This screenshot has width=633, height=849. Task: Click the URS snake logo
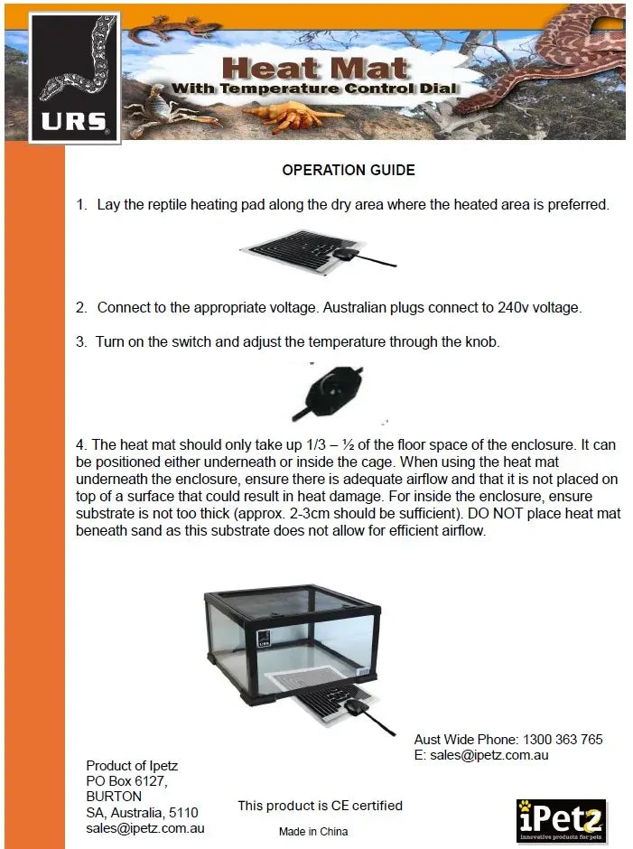(74, 78)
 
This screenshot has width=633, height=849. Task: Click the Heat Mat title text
(315, 67)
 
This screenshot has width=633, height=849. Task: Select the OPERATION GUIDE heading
(349, 170)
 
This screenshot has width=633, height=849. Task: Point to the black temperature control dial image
(328, 393)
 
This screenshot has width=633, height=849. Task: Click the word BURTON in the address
(114, 797)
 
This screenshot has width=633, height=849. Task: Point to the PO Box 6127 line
(126, 781)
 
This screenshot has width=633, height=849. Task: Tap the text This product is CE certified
(320, 806)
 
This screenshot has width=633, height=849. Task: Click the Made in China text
(312, 831)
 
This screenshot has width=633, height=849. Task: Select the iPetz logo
(561, 820)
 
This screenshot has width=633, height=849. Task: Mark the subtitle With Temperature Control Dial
(315, 89)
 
